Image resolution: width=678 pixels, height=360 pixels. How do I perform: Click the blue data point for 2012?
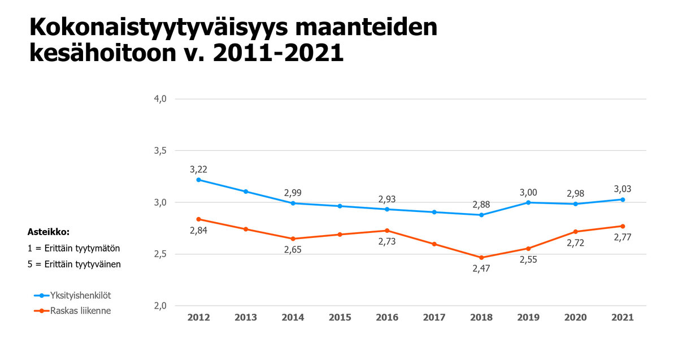(198, 180)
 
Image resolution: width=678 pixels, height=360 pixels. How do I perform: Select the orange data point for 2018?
(481, 258)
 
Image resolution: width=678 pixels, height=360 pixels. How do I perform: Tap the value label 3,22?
(198, 169)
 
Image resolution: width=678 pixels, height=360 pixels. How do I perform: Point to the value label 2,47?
(481, 268)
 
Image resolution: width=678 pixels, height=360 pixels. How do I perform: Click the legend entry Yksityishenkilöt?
(79, 295)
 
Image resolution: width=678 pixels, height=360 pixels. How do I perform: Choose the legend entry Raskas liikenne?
(80, 310)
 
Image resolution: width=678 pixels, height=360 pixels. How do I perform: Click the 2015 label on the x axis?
(340, 318)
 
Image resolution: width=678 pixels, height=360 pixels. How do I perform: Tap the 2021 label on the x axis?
(623, 318)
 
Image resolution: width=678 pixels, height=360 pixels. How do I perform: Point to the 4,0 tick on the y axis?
(160, 99)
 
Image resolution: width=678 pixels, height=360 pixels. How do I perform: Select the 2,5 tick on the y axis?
(160, 254)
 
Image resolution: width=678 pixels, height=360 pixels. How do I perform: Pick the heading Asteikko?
(48, 232)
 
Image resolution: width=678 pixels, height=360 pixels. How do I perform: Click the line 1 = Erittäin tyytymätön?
(74, 248)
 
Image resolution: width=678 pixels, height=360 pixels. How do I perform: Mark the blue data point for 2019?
(528, 202)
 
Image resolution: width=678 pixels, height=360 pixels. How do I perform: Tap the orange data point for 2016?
(387, 231)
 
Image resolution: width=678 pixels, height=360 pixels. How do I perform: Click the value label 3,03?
(623, 189)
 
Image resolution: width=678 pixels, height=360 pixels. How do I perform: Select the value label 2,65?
(293, 249)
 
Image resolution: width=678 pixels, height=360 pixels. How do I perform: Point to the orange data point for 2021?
(623, 226)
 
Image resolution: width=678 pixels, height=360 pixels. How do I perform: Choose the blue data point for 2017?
(434, 212)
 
